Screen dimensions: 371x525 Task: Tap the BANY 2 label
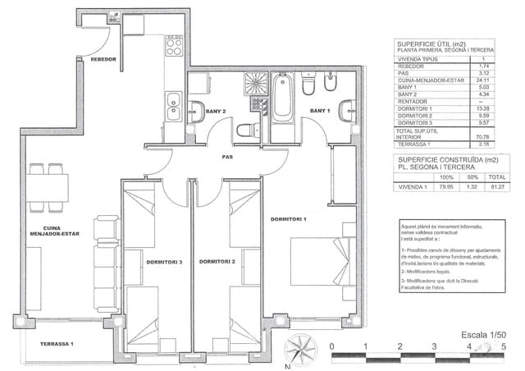(x=216, y=111)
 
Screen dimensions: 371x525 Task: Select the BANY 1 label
(x=319, y=110)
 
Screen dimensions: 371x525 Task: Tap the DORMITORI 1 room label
(x=288, y=219)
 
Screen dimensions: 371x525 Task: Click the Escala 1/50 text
(x=482, y=335)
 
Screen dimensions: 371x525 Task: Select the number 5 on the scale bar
(x=503, y=347)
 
